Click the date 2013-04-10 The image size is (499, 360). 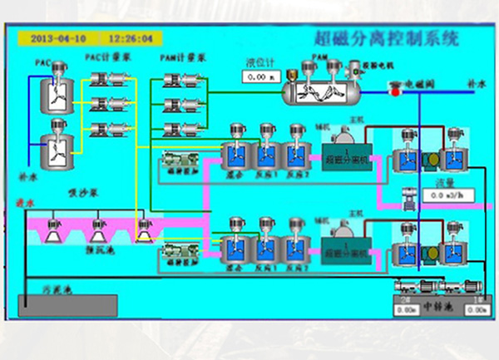click(x=57, y=38)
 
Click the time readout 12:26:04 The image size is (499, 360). click(x=131, y=38)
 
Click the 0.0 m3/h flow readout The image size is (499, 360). click(x=448, y=195)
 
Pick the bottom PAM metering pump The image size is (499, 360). click(x=180, y=130)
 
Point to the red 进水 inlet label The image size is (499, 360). click(x=26, y=202)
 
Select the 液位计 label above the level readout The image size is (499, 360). click(x=257, y=62)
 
